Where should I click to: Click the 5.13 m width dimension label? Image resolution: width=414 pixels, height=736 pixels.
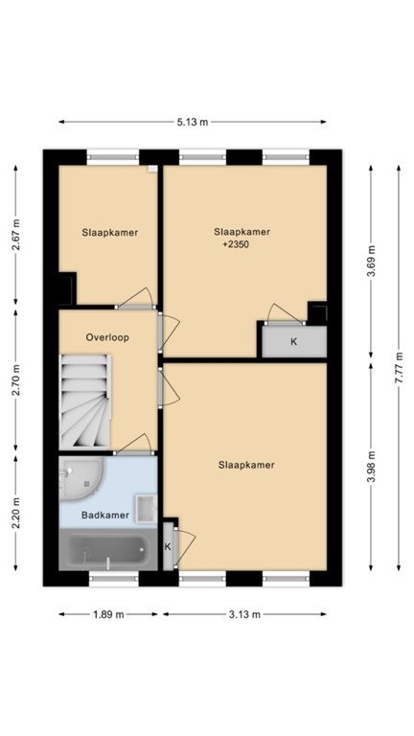[193, 122]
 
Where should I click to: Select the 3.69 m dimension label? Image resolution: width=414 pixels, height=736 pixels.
[372, 261]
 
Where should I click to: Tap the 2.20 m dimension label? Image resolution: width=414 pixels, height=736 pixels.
[16, 516]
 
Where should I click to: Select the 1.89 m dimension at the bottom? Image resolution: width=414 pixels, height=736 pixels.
[107, 614]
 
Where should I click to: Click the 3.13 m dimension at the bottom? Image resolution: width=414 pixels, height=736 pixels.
[243, 614]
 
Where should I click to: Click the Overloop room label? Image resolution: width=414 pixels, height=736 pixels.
[107, 337]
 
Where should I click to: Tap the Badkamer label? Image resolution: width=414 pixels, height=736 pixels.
[105, 516]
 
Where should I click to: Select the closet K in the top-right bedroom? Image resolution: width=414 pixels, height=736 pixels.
[293, 340]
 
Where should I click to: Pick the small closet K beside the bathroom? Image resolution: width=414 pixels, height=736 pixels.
[169, 545]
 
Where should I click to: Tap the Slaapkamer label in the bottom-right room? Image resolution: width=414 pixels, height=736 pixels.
[247, 465]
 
